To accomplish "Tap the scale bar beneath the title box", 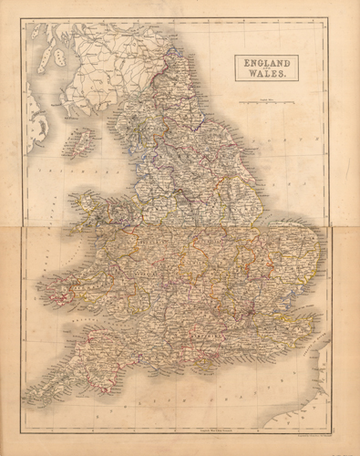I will (265, 100).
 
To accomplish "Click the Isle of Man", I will (83, 142).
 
